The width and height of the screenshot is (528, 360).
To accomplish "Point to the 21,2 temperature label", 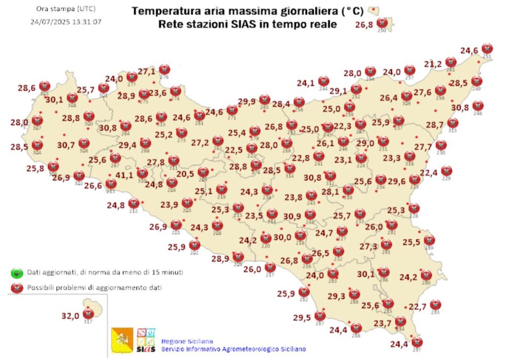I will click(x=433, y=64).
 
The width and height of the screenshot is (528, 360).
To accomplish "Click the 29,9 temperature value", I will click(x=246, y=102).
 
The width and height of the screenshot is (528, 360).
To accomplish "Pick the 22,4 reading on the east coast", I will click(x=429, y=172).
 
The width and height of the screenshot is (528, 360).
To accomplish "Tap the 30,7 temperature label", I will click(x=66, y=145).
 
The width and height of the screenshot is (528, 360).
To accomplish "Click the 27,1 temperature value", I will click(x=146, y=72).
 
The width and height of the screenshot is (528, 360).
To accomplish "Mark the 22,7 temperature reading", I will click(x=418, y=307).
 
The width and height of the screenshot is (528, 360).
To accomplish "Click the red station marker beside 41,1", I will click(x=142, y=173).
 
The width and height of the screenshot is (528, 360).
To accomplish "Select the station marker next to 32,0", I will click(x=88, y=313).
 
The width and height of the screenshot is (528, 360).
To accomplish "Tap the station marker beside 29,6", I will click(x=415, y=179).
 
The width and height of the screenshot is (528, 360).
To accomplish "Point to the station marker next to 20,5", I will click(x=203, y=172).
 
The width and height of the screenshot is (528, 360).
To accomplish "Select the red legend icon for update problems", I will click(x=16, y=288).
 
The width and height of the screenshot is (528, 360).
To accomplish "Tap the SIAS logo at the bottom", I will click(x=146, y=340).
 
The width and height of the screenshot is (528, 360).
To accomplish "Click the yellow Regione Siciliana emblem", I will click(x=123, y=340).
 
